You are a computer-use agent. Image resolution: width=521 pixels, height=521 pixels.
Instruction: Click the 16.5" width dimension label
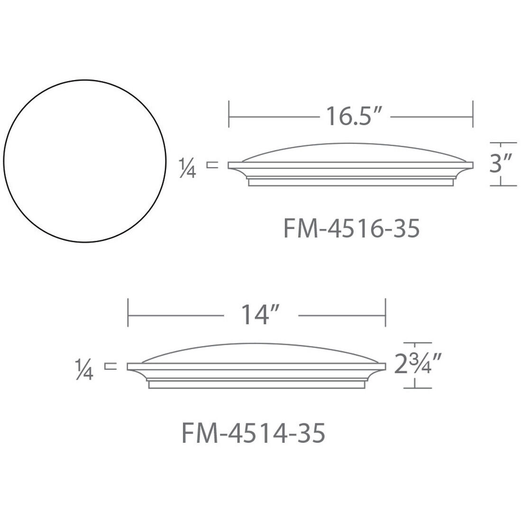(x=354, y=116)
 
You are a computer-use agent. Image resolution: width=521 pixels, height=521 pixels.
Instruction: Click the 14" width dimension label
(x=260, y=315)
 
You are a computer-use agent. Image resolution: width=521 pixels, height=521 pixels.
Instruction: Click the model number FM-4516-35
(x=351, y=229)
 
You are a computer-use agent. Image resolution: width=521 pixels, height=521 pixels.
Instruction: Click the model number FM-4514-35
(x=254, y=433)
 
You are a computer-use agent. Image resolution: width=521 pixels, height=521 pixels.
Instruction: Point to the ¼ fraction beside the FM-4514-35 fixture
(x=84, y=369)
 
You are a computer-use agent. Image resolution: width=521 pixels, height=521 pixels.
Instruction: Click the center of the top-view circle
(x=85, y=161)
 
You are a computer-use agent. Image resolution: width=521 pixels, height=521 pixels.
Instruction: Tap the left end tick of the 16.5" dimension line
(x=229, y=114)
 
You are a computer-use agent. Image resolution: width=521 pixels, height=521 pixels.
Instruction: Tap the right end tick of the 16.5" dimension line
(x=473, y=114)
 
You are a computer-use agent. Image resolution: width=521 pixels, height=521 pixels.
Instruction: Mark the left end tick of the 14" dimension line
(x=128, y=313)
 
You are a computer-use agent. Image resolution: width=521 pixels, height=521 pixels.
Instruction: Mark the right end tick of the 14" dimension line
(x=385, y=313)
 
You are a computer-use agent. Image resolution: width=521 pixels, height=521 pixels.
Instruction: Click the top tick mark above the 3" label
(x=503, y=143)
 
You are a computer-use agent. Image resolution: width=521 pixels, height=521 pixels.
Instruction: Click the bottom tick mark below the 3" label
(x=503, y=185)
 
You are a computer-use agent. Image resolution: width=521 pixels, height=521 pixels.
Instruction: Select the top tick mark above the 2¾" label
(x=417, y=343)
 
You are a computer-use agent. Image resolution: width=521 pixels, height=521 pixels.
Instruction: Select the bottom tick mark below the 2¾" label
(x=417, y=388)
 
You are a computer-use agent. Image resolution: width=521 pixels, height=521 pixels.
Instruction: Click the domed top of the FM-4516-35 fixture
(x=351, y=152)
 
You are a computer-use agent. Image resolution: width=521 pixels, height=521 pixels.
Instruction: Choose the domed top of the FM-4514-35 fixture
(x=256, y=352)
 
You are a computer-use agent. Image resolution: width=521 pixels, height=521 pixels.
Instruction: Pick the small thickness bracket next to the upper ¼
(x=212, y=165)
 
